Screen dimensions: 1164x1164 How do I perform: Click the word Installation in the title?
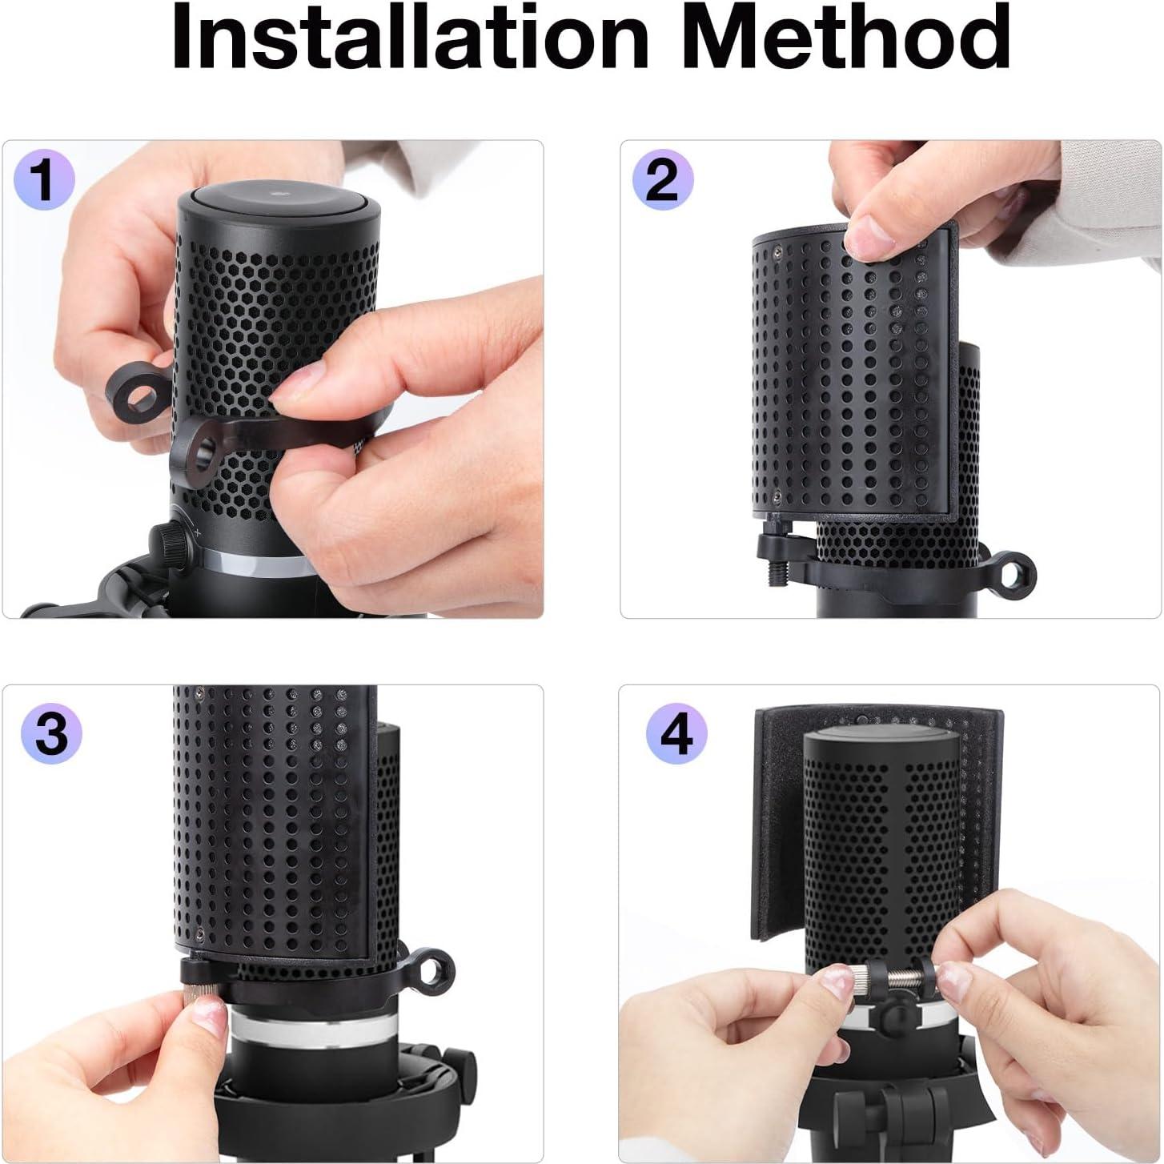[408, 36]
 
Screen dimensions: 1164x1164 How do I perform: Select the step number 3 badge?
[51, 733]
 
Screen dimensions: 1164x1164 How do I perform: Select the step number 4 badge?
[677, 733]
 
